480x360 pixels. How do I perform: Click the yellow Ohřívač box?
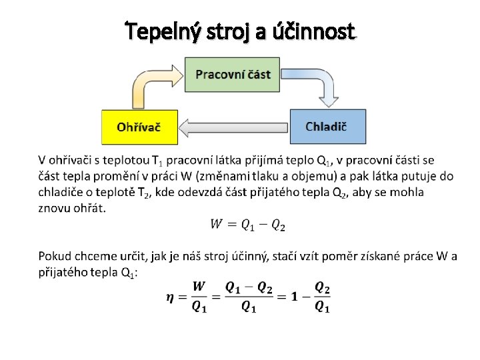[x=139, y=127]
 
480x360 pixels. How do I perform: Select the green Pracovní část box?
[x=233, y=74]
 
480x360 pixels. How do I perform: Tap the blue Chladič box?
[x=327, y=127]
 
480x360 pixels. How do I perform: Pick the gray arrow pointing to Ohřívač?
[x=233, y=126]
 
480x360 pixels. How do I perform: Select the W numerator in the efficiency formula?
[x=199, y=287]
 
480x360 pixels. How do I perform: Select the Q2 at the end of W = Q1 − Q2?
[x=278, y=225]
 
